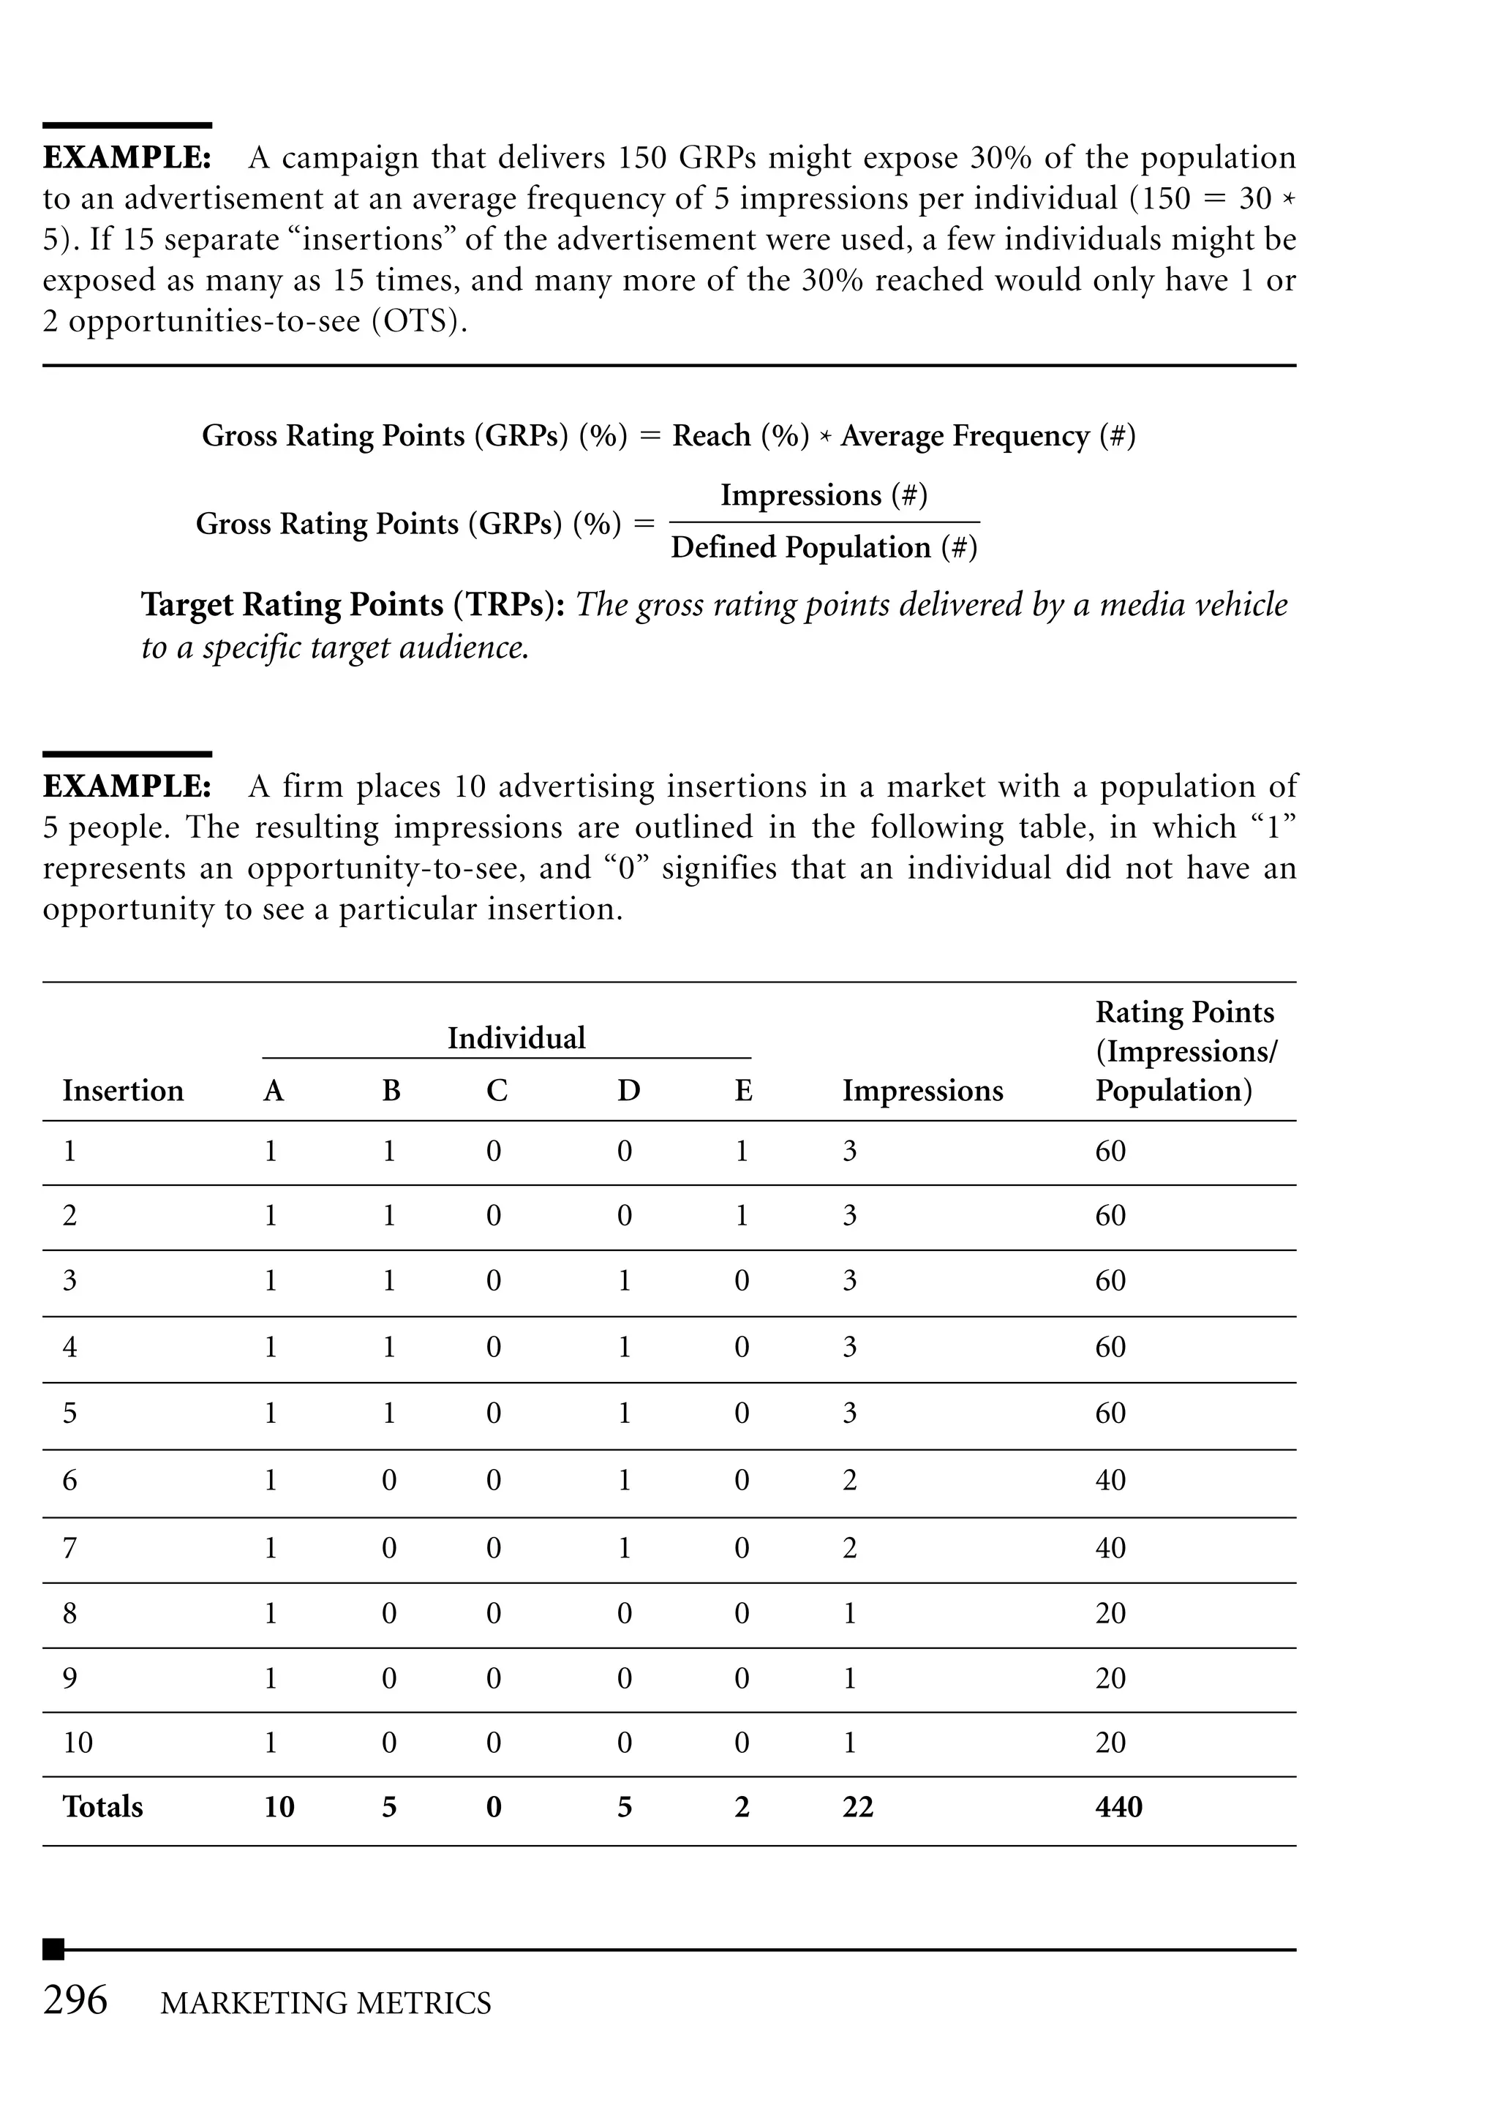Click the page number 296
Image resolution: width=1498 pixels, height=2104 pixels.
75,2001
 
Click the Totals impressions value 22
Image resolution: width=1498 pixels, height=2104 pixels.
857,1806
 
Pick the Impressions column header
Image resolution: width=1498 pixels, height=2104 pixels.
922,1090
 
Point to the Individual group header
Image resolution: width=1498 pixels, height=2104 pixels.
516,1037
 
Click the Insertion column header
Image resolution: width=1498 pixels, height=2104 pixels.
123,1090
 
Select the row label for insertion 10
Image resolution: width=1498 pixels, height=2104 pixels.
78,1743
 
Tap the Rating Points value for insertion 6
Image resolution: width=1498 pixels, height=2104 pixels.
1110,1479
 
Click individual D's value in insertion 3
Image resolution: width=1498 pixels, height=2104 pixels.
625,1280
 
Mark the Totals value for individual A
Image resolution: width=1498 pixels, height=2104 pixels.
279,1806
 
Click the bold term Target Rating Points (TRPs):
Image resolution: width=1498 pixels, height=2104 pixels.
353,604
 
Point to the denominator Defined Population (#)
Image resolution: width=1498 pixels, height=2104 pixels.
823,547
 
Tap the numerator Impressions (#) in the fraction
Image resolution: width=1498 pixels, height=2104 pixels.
823,495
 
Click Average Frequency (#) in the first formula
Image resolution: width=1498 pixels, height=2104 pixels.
987,435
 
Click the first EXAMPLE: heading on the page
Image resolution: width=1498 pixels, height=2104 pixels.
127,158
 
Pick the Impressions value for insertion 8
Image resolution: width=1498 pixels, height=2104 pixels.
849,1612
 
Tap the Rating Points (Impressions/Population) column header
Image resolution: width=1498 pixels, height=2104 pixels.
1184,1051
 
